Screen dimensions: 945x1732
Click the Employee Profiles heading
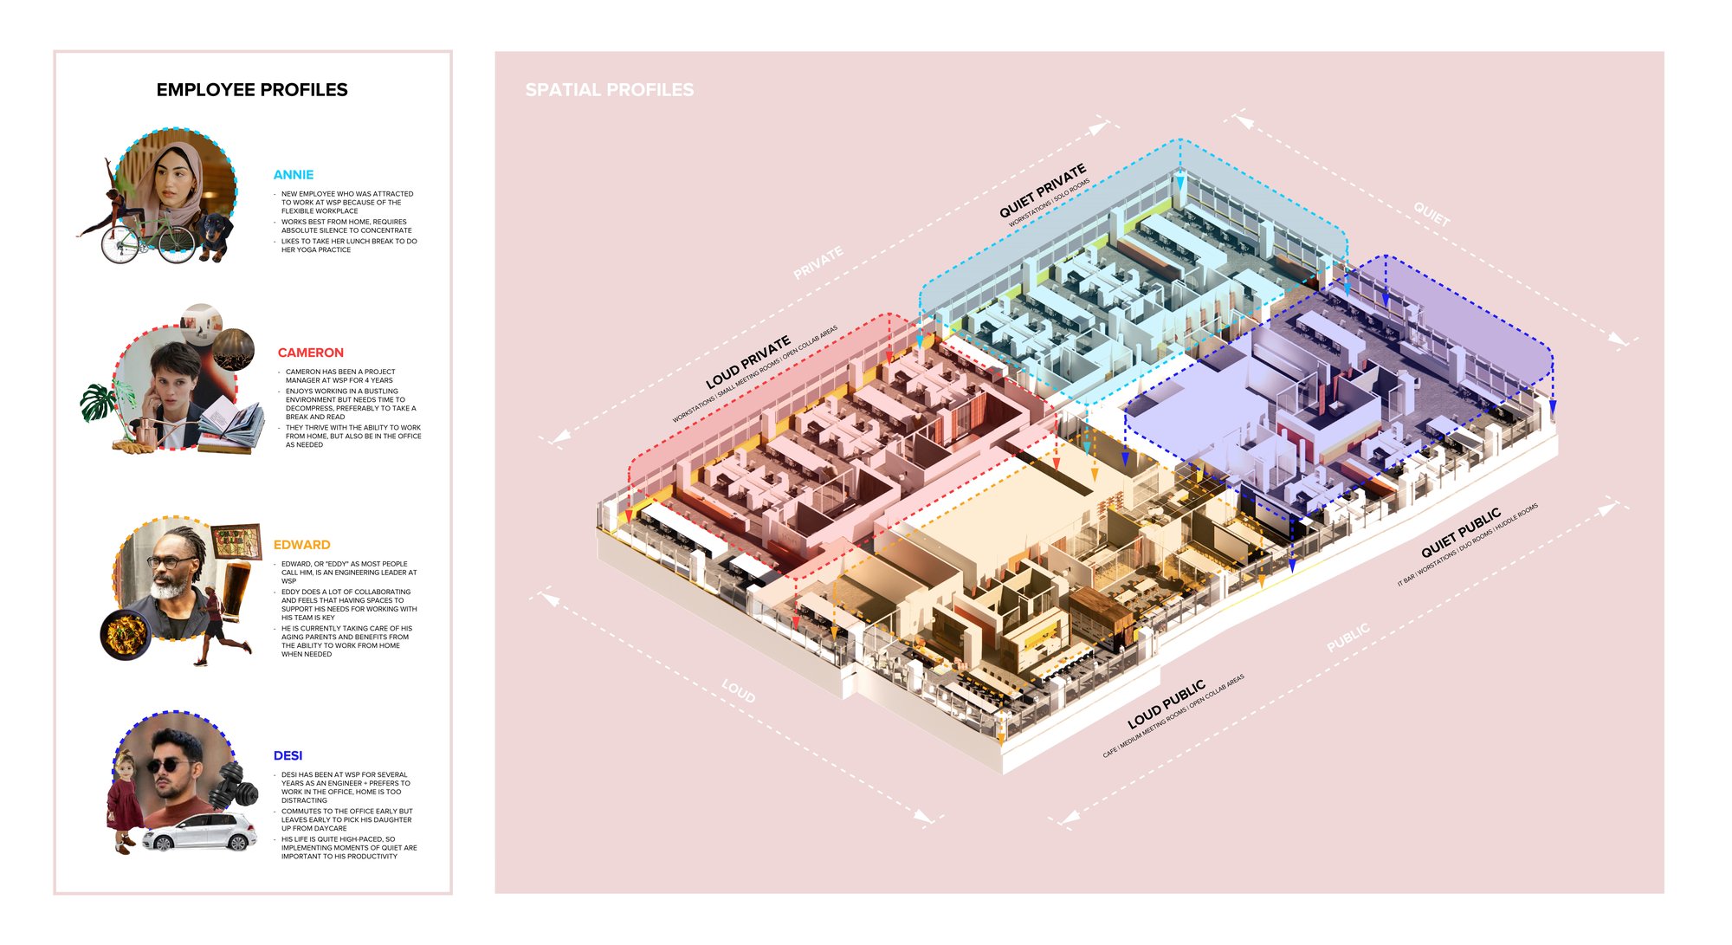tap(252, 90)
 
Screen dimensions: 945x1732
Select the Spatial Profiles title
tap(609, 90)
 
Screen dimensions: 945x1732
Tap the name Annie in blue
tap(294, 175)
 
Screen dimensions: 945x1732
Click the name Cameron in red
tap(310, 353)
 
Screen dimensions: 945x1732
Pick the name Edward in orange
tap(301, 545)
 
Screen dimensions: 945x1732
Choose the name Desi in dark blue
tap(288, 756)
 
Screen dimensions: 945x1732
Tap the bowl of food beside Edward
tap(126, 634)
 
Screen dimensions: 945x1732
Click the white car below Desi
tap(199, 833)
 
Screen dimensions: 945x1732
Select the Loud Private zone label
tap(747, 362)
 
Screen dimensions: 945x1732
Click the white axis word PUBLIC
tap(1348, 638)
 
